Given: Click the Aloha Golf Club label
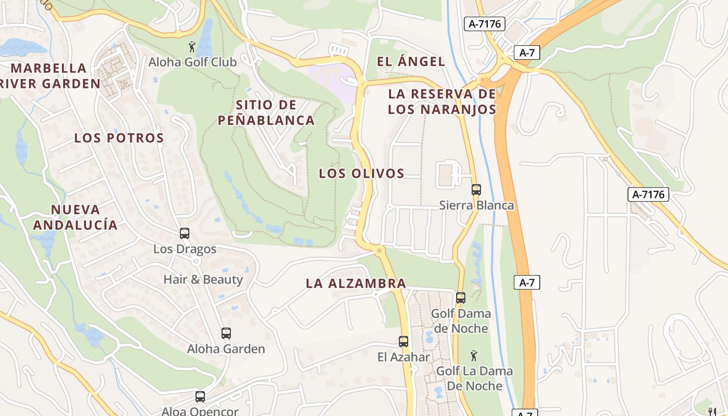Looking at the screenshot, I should click(x=192, y=62).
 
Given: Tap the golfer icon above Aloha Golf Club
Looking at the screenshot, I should click(x=192, y=47).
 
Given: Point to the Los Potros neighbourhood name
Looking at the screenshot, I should click(x=119, y=138).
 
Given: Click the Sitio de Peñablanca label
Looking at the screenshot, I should click(x=266, y=113).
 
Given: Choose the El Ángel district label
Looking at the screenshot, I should click(x=411, y=62).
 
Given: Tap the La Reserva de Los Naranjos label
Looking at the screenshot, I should click(x=442, y=102).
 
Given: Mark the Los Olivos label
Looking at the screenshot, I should click(x=361, y=174).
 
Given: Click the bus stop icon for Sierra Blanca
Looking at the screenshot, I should click(x=476, y=190).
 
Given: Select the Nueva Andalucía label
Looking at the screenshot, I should click(x=75, y=217).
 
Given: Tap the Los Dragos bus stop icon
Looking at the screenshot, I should click(x=185, y=233).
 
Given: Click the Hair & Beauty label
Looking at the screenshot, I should click(x=203, y=280).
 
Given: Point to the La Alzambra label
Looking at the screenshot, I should click(x=356, y=284).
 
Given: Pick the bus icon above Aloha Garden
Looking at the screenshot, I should click(x=226, y=333).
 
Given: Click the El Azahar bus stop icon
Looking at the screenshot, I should click(x=404, y=342).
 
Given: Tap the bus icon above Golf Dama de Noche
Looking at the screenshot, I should click(x=461, y=298).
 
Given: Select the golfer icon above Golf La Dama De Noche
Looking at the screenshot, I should click(x=473, y=356).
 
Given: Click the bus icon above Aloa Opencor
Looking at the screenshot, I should click(x=200, y=397).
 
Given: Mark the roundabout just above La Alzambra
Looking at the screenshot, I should click(x=379, y=251).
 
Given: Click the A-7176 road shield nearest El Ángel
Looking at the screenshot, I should click(x=485, y=24).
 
